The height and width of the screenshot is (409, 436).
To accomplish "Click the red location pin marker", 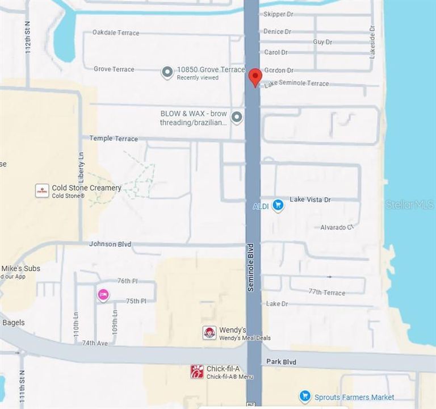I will click(x=255, y=77).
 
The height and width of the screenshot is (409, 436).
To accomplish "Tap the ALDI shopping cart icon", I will click(x=278, y=205).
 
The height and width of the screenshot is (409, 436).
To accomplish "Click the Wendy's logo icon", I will click(x=209, y=333).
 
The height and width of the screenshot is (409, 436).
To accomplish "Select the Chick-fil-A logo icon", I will click(x=197, y=372).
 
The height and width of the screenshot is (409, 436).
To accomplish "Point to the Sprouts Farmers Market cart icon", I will click(x=305, y=396).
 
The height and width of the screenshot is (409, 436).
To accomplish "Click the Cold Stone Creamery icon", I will click(x=42, y=190).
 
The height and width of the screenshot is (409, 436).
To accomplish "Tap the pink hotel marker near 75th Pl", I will click(x=103, y=294).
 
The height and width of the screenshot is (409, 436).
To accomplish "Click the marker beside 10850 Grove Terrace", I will click(x=167, y=73).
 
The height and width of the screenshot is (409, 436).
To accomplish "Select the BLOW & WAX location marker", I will click(x=237, y=118).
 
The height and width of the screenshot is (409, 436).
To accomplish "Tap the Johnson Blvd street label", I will click(x=110, y=244).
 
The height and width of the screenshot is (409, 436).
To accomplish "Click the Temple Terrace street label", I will click(x=114, y=139).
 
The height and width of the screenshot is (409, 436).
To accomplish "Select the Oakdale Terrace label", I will click(x=116, y=33).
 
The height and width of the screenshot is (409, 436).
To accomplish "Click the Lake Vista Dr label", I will click(x=310, y=200).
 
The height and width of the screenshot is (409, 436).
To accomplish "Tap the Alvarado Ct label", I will click(x=337, y=227).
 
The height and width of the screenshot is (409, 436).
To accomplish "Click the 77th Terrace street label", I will click(x=326, y=292).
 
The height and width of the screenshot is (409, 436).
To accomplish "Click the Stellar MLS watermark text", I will click(x=409, y=204).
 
